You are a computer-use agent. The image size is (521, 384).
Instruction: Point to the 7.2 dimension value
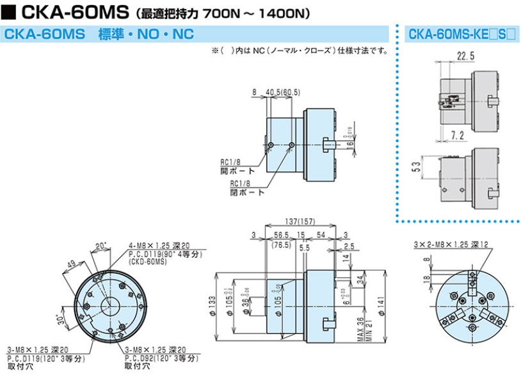tap(457, 134)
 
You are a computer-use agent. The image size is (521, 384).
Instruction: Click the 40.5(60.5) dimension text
tap(282, 93)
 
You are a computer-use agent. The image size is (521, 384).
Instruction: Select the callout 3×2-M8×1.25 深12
tap(451, 244)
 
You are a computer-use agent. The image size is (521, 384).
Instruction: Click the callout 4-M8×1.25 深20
tap(158, 246)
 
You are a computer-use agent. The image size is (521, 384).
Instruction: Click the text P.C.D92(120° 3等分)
tap(164, 358)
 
